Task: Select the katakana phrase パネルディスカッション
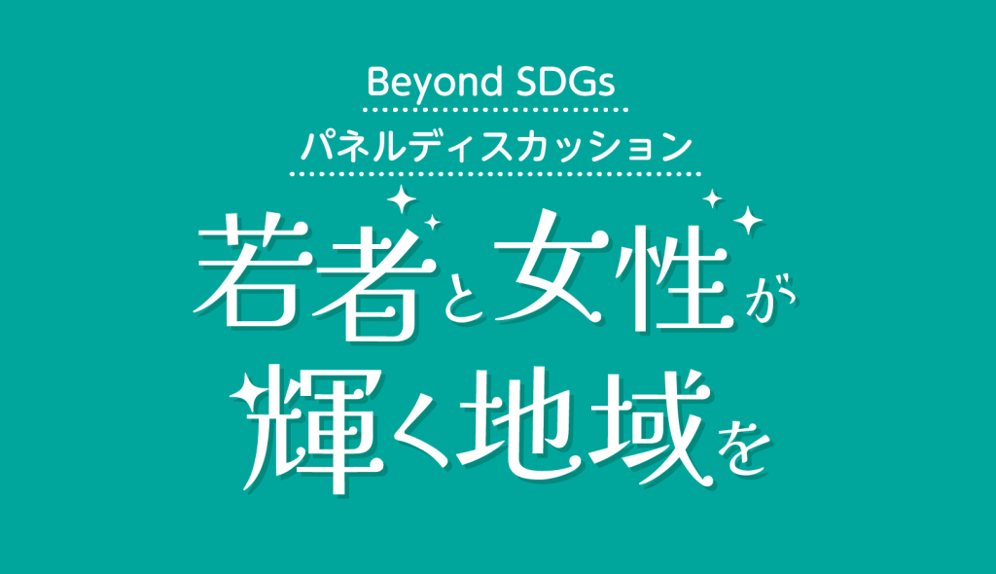pyautogui.click(x=495, y=146)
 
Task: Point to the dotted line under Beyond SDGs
pyautogui.click(x=495, y=110)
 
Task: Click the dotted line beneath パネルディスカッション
pyautogui.click(x=495, y=173)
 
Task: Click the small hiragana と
pyautogui.click(x=466, y=298)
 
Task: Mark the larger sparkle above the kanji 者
pyautogui.click(x=401, y=199)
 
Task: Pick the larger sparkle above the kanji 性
pyautogui.click(x=748, y=220)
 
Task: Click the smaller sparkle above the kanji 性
pyautogui.click(x=712, y=198)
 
